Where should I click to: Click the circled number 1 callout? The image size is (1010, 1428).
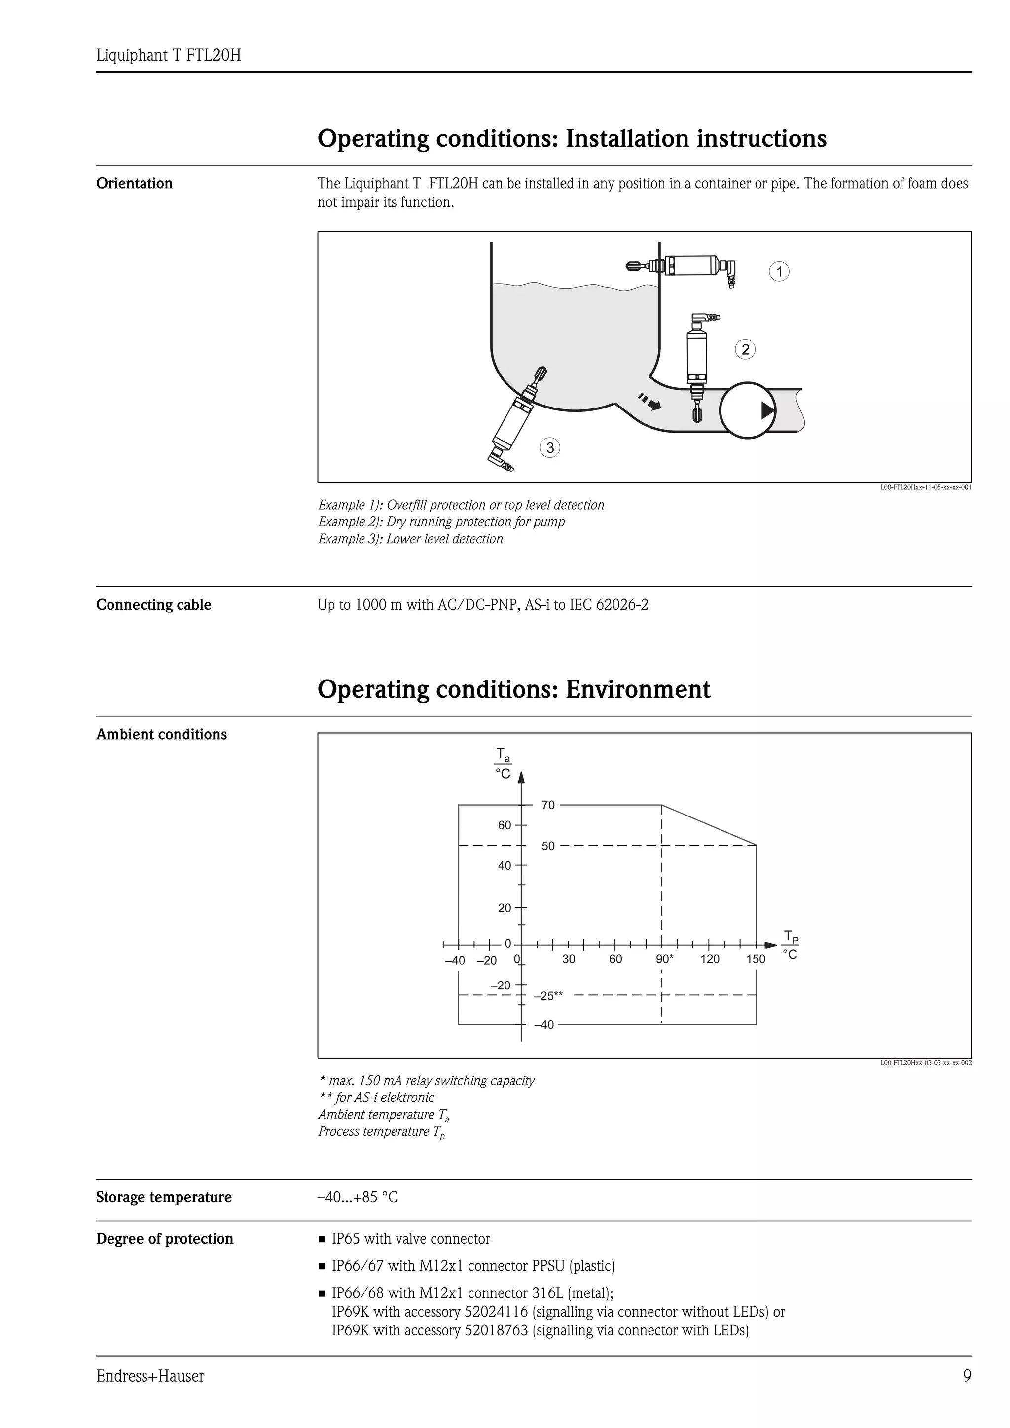[x=779, y=272]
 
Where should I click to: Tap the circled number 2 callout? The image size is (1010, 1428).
[x=745, y=349]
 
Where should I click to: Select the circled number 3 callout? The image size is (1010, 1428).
[x=549, y=448]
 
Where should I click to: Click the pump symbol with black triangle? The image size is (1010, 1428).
[x=747, y=410]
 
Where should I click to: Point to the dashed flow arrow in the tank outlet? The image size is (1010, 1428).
[x=649, y=403]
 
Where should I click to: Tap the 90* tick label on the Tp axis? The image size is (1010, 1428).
[x=664, y=959]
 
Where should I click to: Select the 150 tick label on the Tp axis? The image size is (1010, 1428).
[x=756, y=959]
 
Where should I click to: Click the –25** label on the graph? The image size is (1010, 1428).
[x=548, y=996]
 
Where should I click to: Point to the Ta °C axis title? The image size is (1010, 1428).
[x=503, y=764]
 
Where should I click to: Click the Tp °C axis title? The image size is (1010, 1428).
[x=791, y=946]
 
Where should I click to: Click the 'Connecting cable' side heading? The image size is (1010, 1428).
[x=154, y=605]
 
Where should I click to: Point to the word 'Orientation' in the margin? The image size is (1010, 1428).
[x=135, y=183]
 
